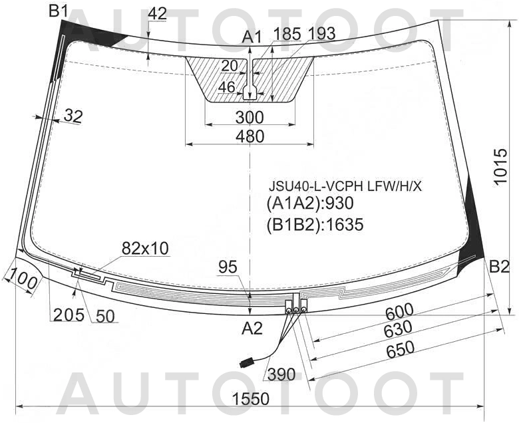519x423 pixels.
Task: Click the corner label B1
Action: click(59, 11)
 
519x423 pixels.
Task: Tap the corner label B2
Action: click(499, 267)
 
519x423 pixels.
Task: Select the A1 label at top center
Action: click(252, 37)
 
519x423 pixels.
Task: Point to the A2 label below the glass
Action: click(252, 329)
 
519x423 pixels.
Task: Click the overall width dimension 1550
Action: click(251, 398)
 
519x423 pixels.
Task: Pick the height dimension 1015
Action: click(500, 166)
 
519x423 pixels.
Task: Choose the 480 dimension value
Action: click(250, 136)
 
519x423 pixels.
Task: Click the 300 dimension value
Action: click(250, 118)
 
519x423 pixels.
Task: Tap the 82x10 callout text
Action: click(145, 248)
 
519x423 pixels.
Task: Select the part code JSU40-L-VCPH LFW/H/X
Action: click(345, 186)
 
